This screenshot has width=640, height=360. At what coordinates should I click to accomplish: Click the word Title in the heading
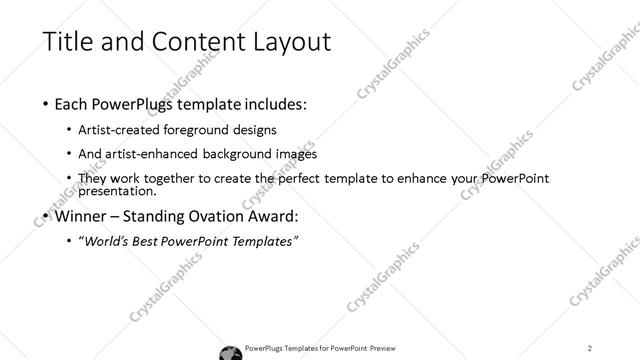point(68,41)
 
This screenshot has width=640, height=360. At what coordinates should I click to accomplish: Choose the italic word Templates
point(264,241)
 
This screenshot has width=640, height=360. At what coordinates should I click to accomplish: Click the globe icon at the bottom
point(228,350)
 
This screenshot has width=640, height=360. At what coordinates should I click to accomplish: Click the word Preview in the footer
point(390,348)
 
